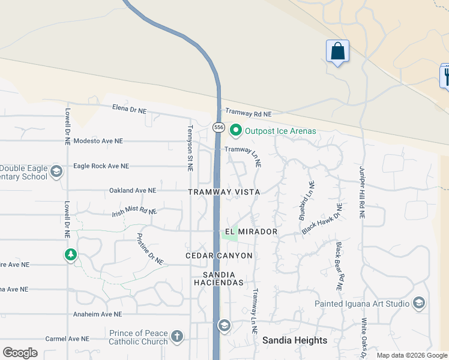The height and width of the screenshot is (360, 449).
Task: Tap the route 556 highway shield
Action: (218, 127)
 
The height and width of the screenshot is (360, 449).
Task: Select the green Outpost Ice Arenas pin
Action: (236, 130)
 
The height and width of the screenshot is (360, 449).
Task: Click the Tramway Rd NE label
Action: (248, 113)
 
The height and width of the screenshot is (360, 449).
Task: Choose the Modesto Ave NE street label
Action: (98, 141)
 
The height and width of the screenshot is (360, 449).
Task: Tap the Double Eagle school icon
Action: (56, 172)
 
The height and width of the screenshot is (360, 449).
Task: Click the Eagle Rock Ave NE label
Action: (101, 166)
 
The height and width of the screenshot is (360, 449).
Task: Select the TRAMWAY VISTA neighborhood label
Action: (224, 192)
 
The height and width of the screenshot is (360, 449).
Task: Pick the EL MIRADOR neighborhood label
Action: (251, 232)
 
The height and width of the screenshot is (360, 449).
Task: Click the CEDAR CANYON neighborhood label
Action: (219, 256)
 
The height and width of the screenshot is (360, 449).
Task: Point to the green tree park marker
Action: (71, 255)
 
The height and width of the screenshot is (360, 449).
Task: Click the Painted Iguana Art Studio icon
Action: (418, 304)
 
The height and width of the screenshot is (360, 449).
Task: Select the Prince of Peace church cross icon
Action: (176, 336)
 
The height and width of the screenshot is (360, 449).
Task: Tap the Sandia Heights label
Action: (295, 340)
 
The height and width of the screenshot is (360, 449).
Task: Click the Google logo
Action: (20, 353)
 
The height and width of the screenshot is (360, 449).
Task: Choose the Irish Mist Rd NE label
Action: (134, 212)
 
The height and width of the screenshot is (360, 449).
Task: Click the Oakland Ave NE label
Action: (133, 190)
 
